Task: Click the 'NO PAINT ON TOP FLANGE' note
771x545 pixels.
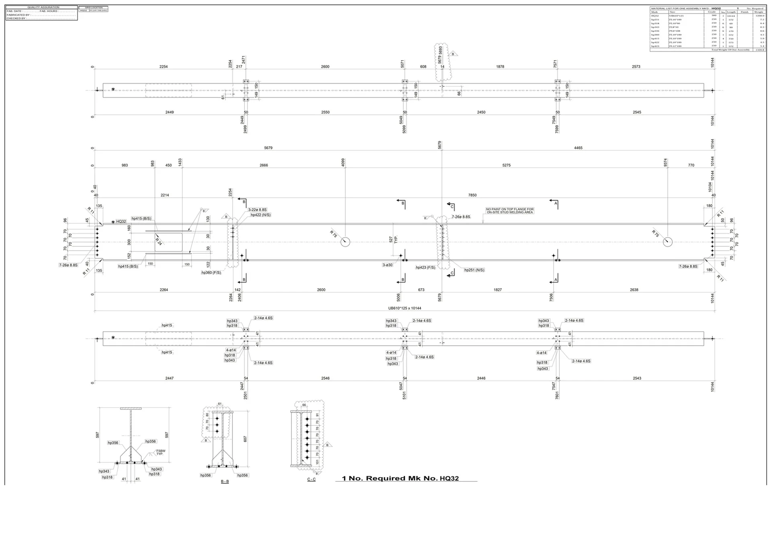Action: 510,211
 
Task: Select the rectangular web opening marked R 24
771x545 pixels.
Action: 168,242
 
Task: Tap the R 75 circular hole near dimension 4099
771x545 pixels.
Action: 345,242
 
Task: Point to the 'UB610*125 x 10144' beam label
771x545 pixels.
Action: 404,308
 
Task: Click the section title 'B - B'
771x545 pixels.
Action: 224,481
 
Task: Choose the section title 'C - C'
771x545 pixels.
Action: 311,479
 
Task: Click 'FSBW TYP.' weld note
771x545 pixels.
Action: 160,452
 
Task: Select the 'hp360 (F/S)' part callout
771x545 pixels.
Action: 211,272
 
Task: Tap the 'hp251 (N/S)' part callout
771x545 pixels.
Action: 474,270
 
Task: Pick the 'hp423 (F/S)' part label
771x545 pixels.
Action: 425,267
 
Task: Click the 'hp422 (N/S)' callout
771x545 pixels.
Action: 261,215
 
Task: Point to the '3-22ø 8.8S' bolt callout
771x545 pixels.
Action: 257,210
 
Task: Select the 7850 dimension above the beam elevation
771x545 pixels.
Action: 472,195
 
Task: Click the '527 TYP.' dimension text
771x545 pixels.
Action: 393,240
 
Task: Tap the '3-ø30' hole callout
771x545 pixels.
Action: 388,265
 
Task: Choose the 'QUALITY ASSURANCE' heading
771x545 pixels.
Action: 43,7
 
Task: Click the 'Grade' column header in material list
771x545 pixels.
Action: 712,12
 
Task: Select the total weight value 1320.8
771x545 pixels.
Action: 759,50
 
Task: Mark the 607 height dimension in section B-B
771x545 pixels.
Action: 245,439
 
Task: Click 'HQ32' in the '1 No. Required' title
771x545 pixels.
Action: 449,479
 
